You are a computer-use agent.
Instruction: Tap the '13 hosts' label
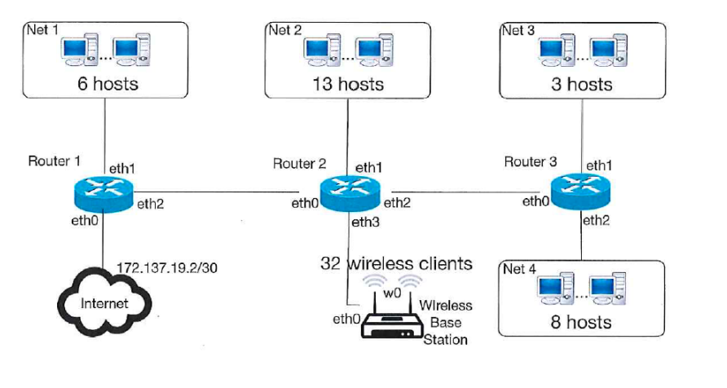pos(348,84)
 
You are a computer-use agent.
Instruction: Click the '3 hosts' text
pos(581,84)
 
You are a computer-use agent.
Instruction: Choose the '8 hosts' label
pos(580,322)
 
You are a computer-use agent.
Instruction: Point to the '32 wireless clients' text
pos(396,263)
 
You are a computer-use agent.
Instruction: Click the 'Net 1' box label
pos(44,30)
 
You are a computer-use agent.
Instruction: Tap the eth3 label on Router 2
pos(364,221)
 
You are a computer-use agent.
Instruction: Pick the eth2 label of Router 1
pos(150,204)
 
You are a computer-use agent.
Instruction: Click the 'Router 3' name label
pos(530,161)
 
